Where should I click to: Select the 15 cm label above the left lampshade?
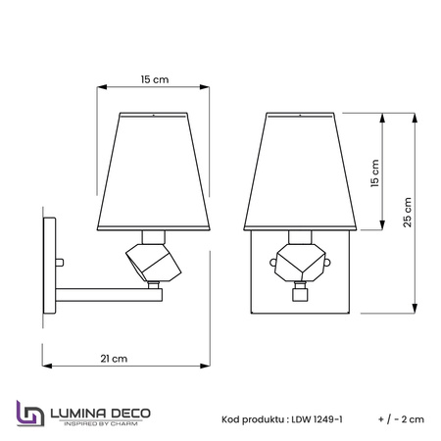coord(154,78)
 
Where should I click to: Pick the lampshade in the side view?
coord(154,170)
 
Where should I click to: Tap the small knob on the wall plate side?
coord(61,262)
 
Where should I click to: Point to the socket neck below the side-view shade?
coord(154,236)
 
